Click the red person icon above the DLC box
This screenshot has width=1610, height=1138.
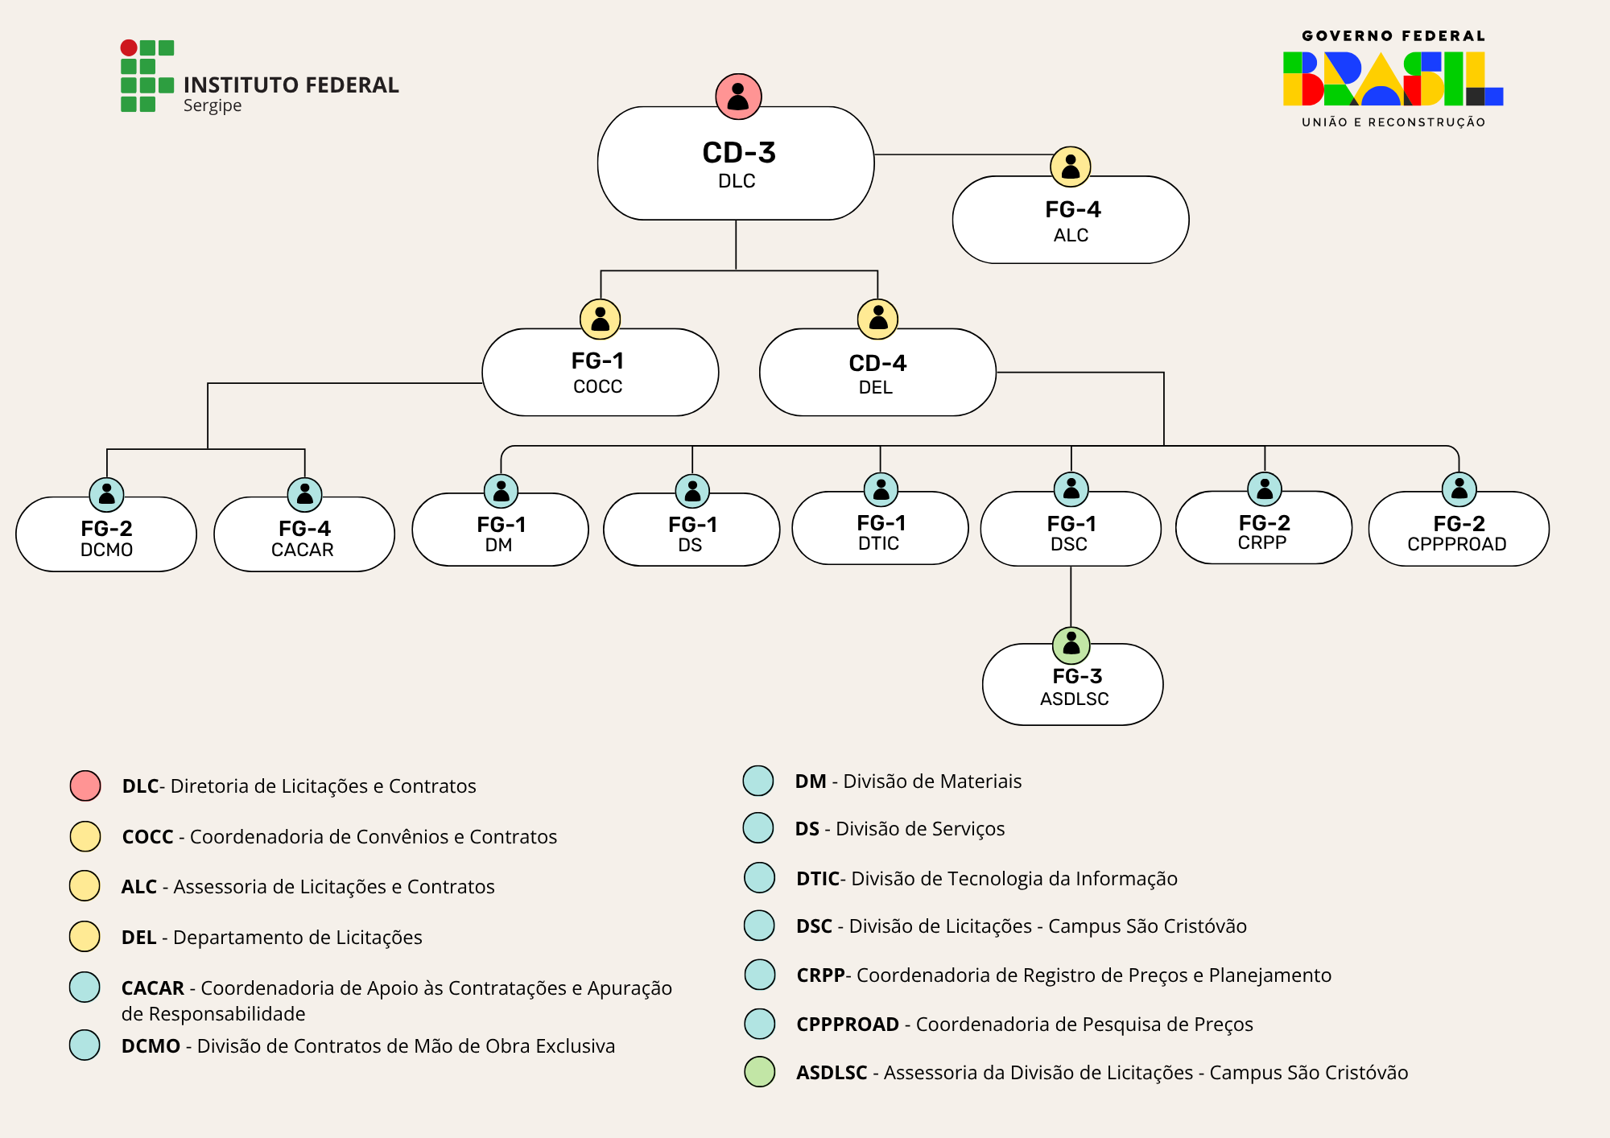click(x=738, y=97)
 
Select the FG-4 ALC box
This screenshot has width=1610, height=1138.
click(x=1070, y=222)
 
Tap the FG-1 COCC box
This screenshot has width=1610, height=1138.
click(x=600, y=373)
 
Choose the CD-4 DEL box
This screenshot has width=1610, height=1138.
click(x=877, y=374)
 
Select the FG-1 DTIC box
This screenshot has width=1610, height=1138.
click(x=880, y=531)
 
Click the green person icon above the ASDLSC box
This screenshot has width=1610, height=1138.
click(x=1071, y=645)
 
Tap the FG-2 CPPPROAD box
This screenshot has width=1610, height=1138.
click(x=1458, y=532)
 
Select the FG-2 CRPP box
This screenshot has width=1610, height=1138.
click(x=1263, y=530)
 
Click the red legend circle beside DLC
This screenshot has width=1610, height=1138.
click(x=85, y=785)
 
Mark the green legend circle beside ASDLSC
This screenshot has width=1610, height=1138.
click(x=759, y=1072)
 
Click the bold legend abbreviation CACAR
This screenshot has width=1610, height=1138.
click(x=153, y=988)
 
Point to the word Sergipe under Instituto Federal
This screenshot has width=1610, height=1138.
click(x=213, y=105)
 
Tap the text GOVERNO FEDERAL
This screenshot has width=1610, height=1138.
click(x=1393, y=36)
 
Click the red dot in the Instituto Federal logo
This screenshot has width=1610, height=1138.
click(x=129, y=47)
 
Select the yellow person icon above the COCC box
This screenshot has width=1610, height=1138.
click(x=601, y=320)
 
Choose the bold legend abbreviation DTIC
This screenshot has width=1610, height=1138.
click(x=818, y=879)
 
